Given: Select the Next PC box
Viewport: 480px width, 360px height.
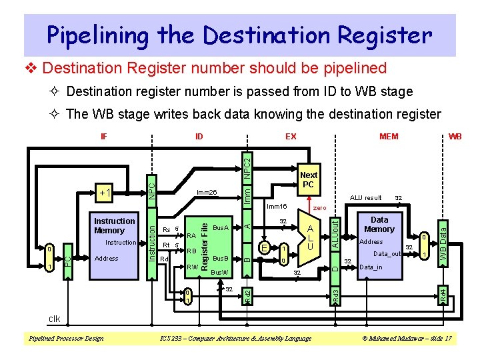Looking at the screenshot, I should tap(309, 180).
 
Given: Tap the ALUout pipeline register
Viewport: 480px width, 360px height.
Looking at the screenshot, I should tap(336, 235).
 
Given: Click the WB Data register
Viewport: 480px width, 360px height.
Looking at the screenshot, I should tap(441, 241).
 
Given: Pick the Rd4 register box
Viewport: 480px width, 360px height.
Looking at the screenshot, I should tap(441, 293).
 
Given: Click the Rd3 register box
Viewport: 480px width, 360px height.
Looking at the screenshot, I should tap(336, 293).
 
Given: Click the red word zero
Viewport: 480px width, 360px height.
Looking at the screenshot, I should tap(319, 209).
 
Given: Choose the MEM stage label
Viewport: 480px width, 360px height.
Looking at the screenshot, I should tap(388, 137).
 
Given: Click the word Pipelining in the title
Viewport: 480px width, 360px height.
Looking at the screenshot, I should tap(111, 35).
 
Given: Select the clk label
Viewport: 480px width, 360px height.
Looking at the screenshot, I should tap(53, 319).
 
